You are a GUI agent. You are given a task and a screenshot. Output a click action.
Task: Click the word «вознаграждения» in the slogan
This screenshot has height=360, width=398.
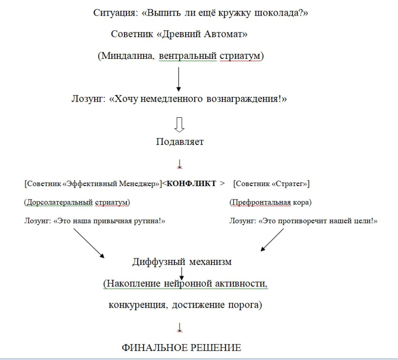click(250, 99)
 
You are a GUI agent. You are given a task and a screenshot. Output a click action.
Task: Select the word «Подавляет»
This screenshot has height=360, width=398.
click(180, 142)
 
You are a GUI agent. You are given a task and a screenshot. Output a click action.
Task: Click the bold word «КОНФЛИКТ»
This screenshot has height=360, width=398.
click(191, 183)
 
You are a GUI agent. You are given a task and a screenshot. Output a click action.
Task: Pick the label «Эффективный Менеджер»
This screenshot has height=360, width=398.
click(112, 183)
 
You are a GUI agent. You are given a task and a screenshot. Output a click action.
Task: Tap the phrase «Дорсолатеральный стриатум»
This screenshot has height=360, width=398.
click(77, 202)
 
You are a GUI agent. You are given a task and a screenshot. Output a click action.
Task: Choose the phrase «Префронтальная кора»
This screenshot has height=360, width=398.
click(270, 202)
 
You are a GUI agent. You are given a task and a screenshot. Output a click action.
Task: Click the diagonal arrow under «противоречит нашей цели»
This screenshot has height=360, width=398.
click(273, 240)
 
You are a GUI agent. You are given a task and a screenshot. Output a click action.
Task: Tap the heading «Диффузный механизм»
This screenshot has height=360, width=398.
click(182, 262)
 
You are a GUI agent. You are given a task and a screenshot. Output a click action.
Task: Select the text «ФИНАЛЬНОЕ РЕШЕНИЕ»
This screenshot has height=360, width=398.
click(181, 348)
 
